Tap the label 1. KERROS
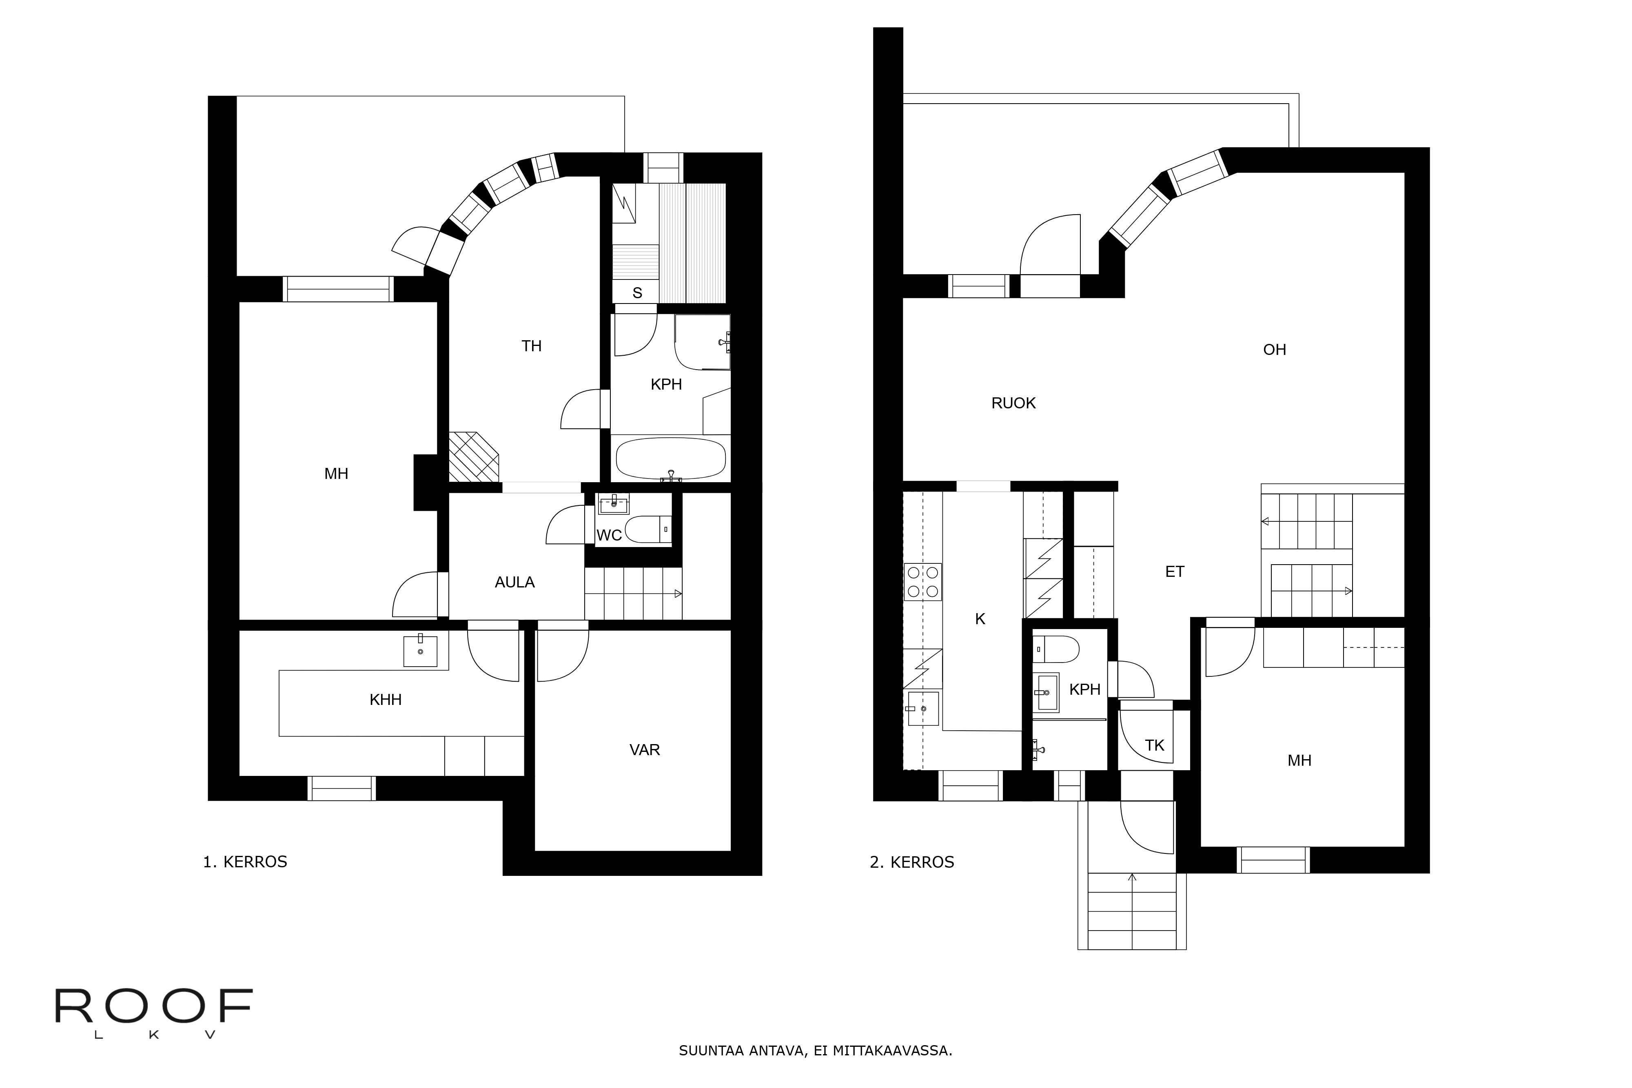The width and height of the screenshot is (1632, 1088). [245, 862]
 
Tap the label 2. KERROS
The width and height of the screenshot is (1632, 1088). [912, 862]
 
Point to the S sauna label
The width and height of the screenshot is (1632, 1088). [637, 293]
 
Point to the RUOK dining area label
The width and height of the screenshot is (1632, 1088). [1013, 403]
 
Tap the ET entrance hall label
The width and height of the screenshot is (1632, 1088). [1174, 572]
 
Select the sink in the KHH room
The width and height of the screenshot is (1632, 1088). [421, 651]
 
